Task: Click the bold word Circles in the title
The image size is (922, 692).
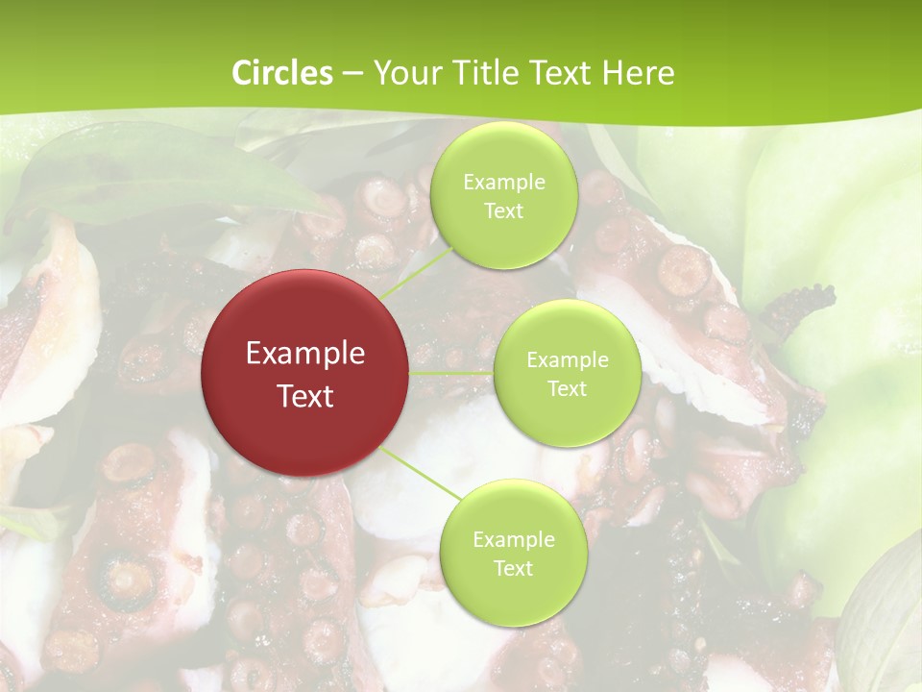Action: pos(281,73)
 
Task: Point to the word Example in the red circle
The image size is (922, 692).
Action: pos(305,354)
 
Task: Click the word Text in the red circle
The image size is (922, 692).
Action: pos(305,396)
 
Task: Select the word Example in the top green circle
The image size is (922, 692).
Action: pos(503,183)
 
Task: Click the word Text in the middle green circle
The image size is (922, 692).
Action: pos(567,389)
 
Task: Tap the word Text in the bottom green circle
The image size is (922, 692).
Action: pos(513,568)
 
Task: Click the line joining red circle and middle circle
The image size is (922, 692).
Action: pos(451,372)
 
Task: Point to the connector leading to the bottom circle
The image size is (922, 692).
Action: pos(420,472)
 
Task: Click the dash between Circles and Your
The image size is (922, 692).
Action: pos(352,73)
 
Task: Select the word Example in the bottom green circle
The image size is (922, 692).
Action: pos(513,540)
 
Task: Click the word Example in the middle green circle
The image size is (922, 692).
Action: pos(567,360)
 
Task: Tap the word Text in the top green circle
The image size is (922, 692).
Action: pos(503,211)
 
